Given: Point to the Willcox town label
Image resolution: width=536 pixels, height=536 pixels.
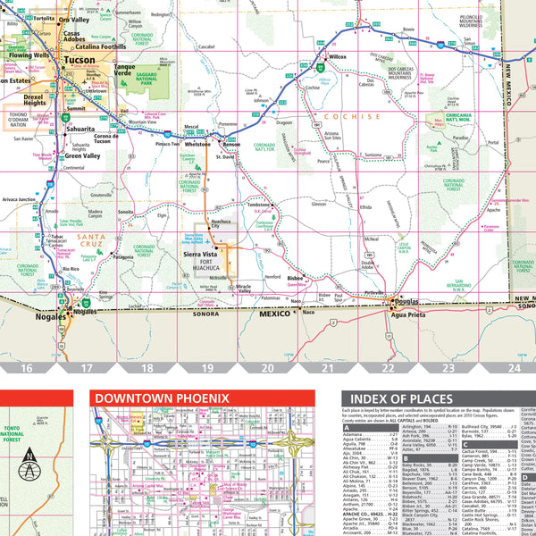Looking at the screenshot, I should point(337,57).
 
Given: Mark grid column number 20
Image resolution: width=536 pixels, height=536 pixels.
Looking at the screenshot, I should point(267,367).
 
